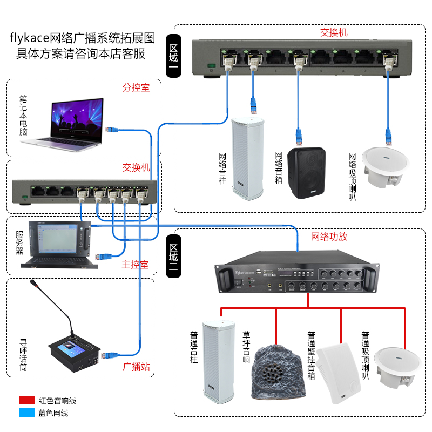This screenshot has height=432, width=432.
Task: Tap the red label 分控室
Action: click(136, 87)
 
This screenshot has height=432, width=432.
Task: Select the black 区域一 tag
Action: click(174, 56)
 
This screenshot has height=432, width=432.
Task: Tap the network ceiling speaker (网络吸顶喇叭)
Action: click(386, 168)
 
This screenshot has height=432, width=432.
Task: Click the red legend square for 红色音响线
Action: click(26, 400)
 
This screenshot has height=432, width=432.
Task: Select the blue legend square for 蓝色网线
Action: click(26, 413)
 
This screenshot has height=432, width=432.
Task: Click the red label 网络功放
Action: click(329, 237)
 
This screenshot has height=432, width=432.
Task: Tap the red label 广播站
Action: click(136, 367)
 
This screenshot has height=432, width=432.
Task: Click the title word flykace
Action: click(30, 39)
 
